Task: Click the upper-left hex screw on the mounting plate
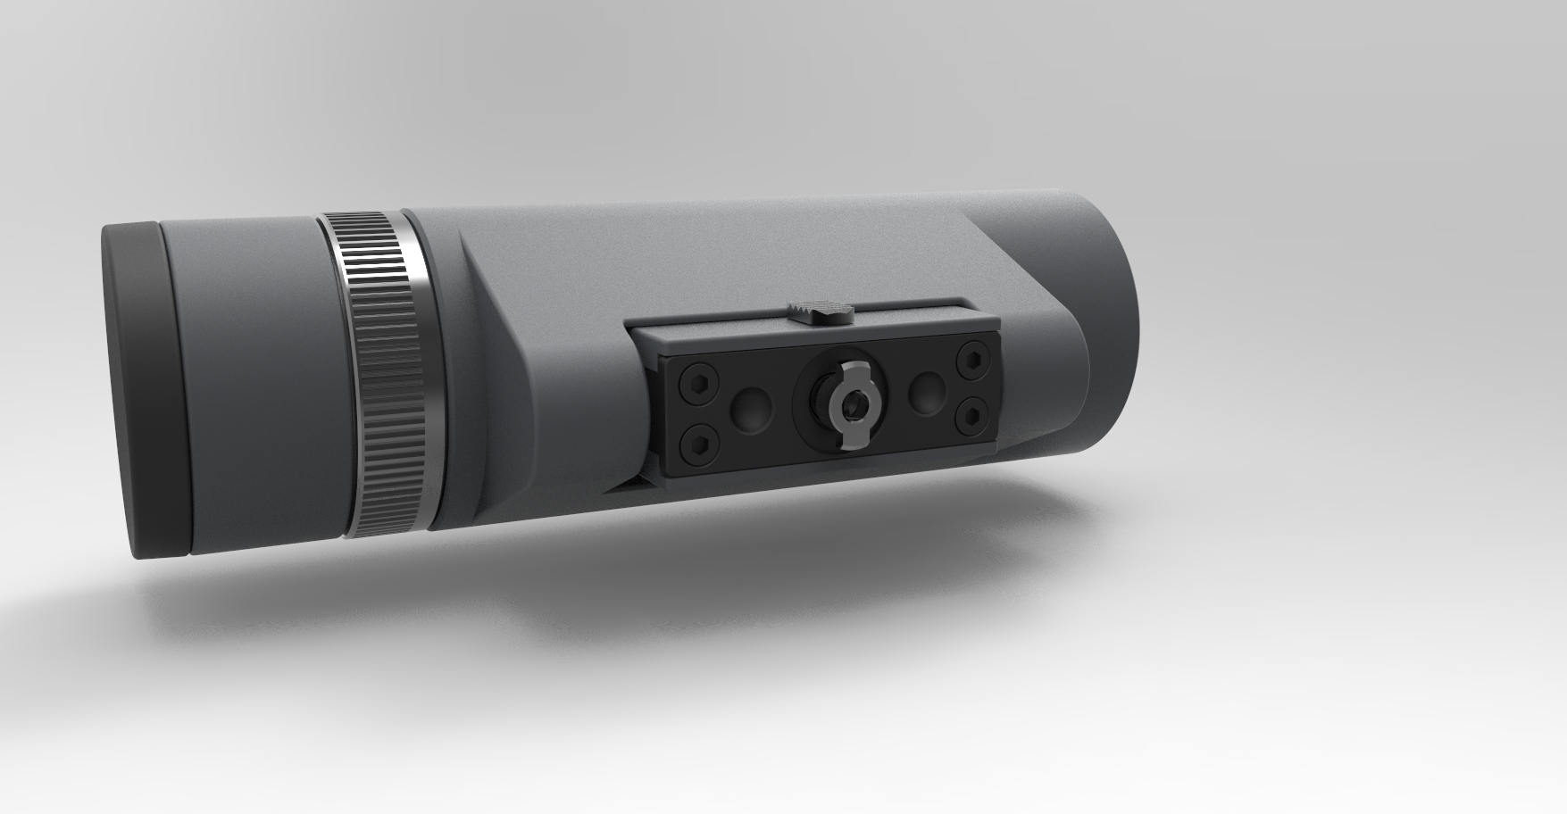694,386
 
